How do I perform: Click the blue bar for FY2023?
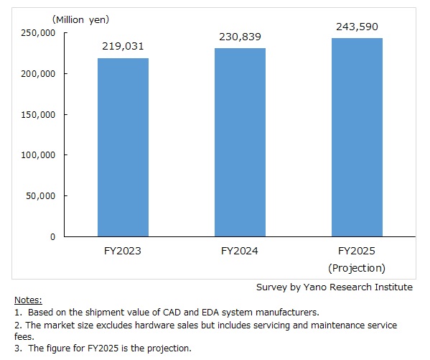(x=123, y=147)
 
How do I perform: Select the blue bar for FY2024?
(x=240, y=142)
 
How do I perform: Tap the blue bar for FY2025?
(x=357, y=137)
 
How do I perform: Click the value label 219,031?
(x=123, y=47)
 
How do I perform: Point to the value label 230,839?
(x=240, y=37)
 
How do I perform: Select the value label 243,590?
(x=357, y=27)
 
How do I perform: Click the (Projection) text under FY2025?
(x=357, y=268)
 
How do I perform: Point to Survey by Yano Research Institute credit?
(x=335, y=287)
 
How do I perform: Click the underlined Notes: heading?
(x=28, y=300)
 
